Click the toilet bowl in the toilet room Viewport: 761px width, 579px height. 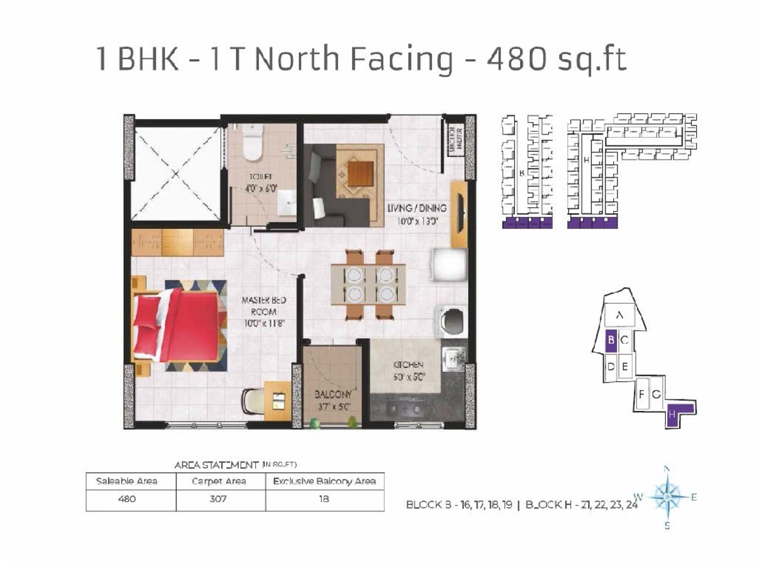tap(253, 144)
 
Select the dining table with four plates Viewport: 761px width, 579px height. tap(368, 284)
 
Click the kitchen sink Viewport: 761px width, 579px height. tap(454, 356)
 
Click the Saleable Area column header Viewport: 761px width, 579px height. tap(127, 481)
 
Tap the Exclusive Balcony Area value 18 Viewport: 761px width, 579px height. tap(324, 499)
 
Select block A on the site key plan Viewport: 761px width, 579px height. tap(619, 315)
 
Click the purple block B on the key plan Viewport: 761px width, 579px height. tap(611, 340)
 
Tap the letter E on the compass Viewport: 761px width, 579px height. tap(694, 497)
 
